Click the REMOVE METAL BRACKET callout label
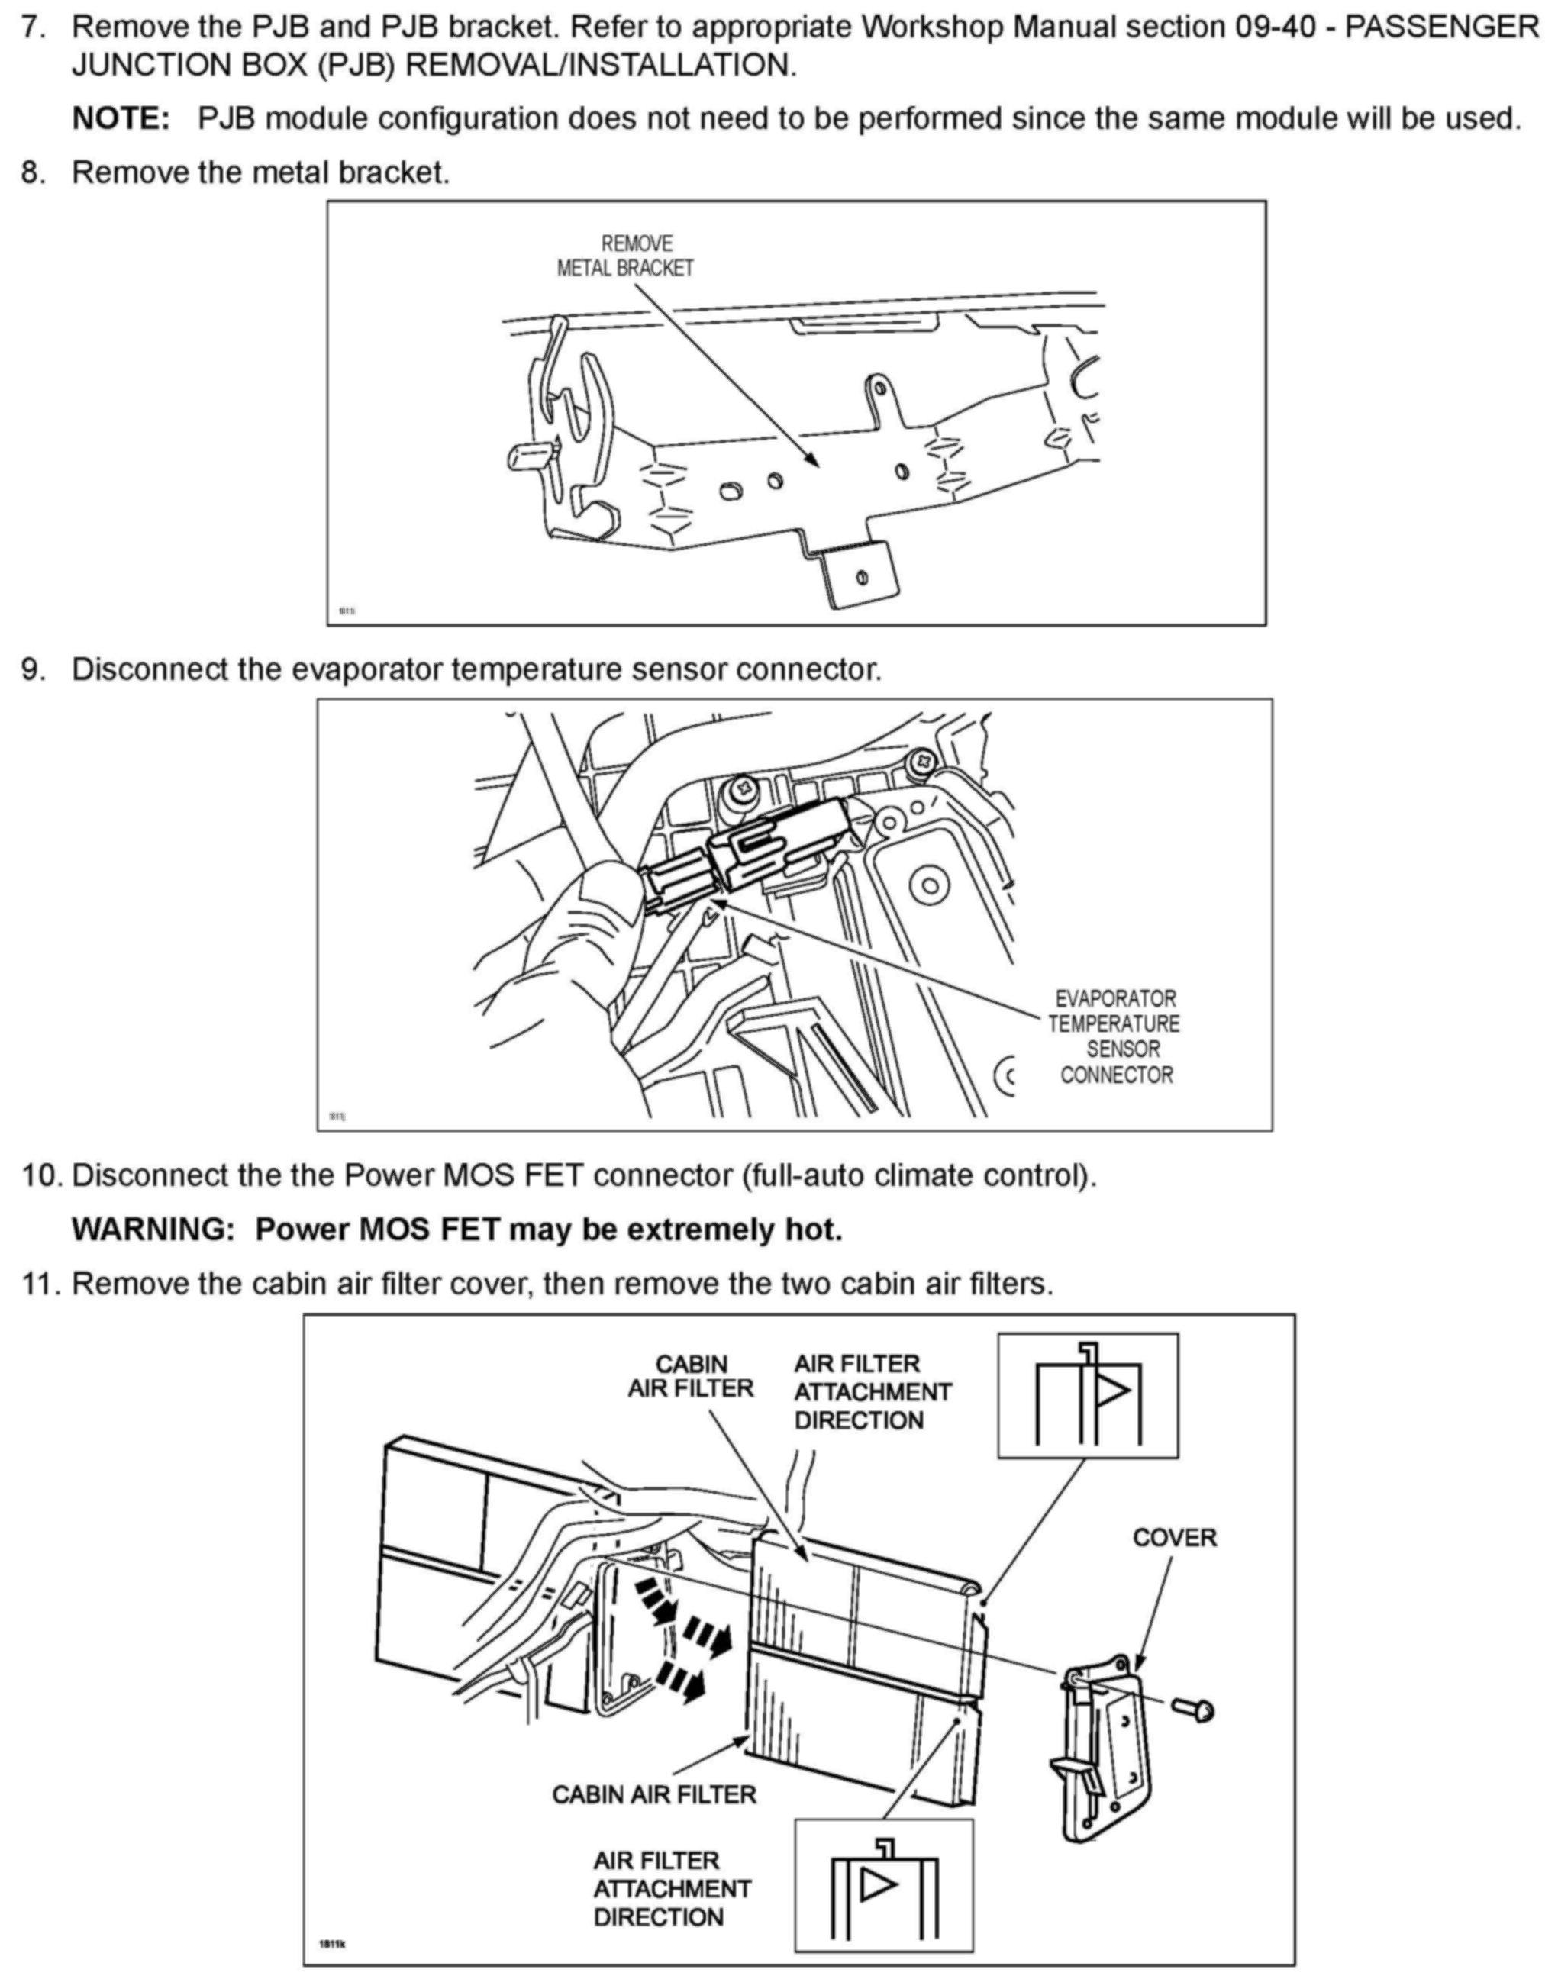[x=626, y=256]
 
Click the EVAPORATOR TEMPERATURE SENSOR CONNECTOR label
[x=1114, y=1037]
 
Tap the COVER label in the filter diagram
[x=1174, y=1538]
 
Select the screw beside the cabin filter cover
[x=1190, y=1708]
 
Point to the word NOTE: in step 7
[x=121, y=118]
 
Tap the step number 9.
[x=34, y=669]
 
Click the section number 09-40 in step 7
[x=1285, y=27]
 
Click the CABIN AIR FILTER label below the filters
[x=654, y=1795]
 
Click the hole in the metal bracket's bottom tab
[x=861, y=579]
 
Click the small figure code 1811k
[x=332, y=1945]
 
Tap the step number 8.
[x=34, y=172]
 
